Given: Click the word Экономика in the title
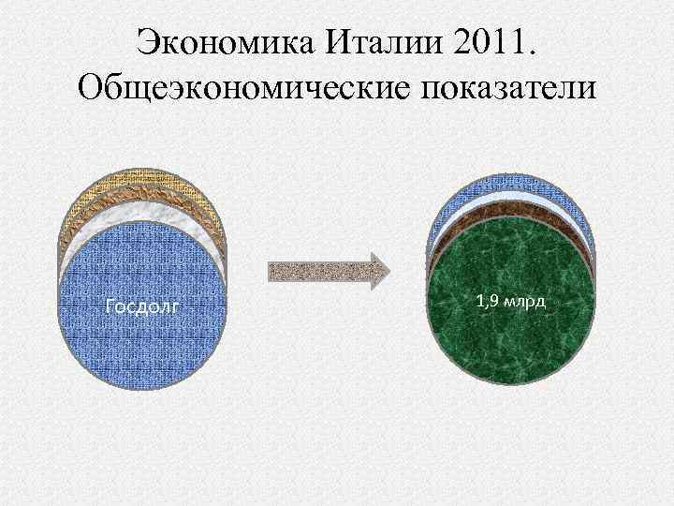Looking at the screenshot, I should click(217, 42).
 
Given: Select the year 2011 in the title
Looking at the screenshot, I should click(485, 42).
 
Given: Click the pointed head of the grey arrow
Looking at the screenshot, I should click(378, 271).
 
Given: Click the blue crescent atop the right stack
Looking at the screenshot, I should click(511, 185).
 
